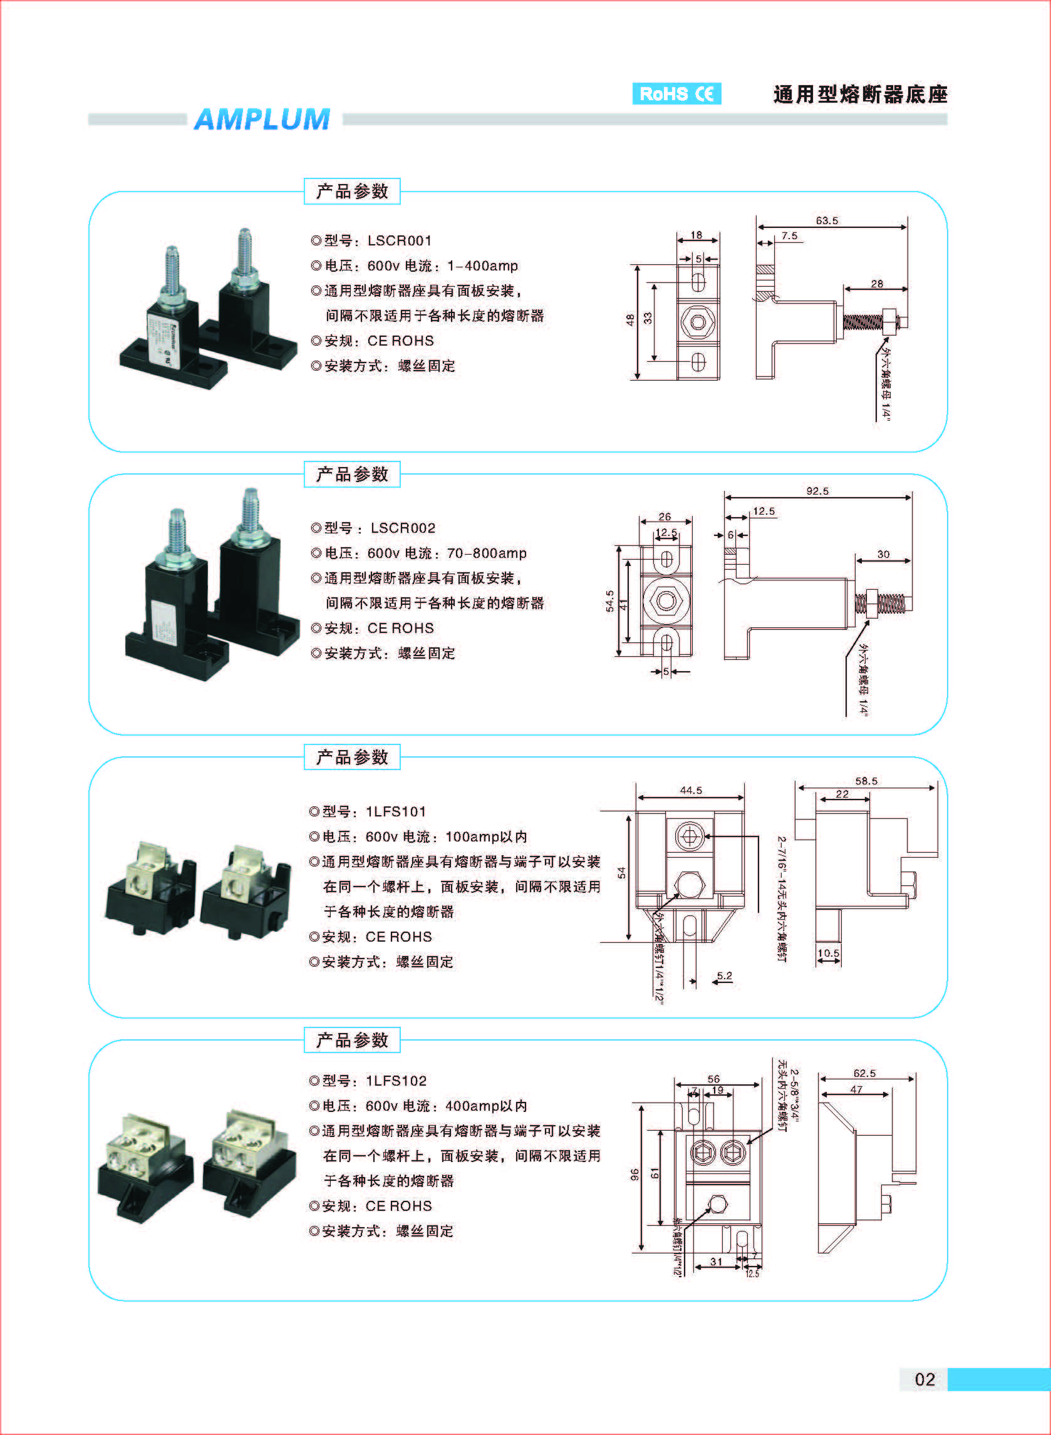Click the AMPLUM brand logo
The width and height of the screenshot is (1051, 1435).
click(x=261, y=120)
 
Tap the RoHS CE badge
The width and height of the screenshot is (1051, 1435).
click(x=676, y=94)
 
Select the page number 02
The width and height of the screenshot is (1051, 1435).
click(x=924, y=1379)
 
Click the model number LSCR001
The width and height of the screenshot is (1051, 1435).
click(x=400, y=241)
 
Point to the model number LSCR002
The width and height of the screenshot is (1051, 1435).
click(x=403, y=528)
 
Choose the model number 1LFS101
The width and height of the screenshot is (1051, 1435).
click(x=396, y=812)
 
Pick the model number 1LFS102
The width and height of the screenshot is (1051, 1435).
click(x=396, y=1081)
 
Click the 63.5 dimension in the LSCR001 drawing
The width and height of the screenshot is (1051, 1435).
click(x=826, y=220)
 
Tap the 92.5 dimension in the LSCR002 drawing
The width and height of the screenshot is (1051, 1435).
click(x=817, y=491)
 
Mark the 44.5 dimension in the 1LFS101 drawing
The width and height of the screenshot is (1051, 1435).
click(x=690, y=790)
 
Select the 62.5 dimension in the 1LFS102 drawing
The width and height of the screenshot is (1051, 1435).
click(x=864, y=1073)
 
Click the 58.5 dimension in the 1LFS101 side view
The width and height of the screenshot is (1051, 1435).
click(x=866, y=781)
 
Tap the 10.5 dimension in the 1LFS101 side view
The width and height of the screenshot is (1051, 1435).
click(x=828, y=953)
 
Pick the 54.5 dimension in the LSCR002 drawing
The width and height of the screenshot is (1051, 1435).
click(x=609, y=601)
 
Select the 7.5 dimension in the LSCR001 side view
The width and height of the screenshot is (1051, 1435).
click(x=789, y=236)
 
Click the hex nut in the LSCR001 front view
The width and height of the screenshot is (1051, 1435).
click(x=697, y=322)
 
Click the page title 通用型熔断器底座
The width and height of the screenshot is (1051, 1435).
click(x=860, y=95)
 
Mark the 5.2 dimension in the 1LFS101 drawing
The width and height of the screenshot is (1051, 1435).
click(x=724, y=976)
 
